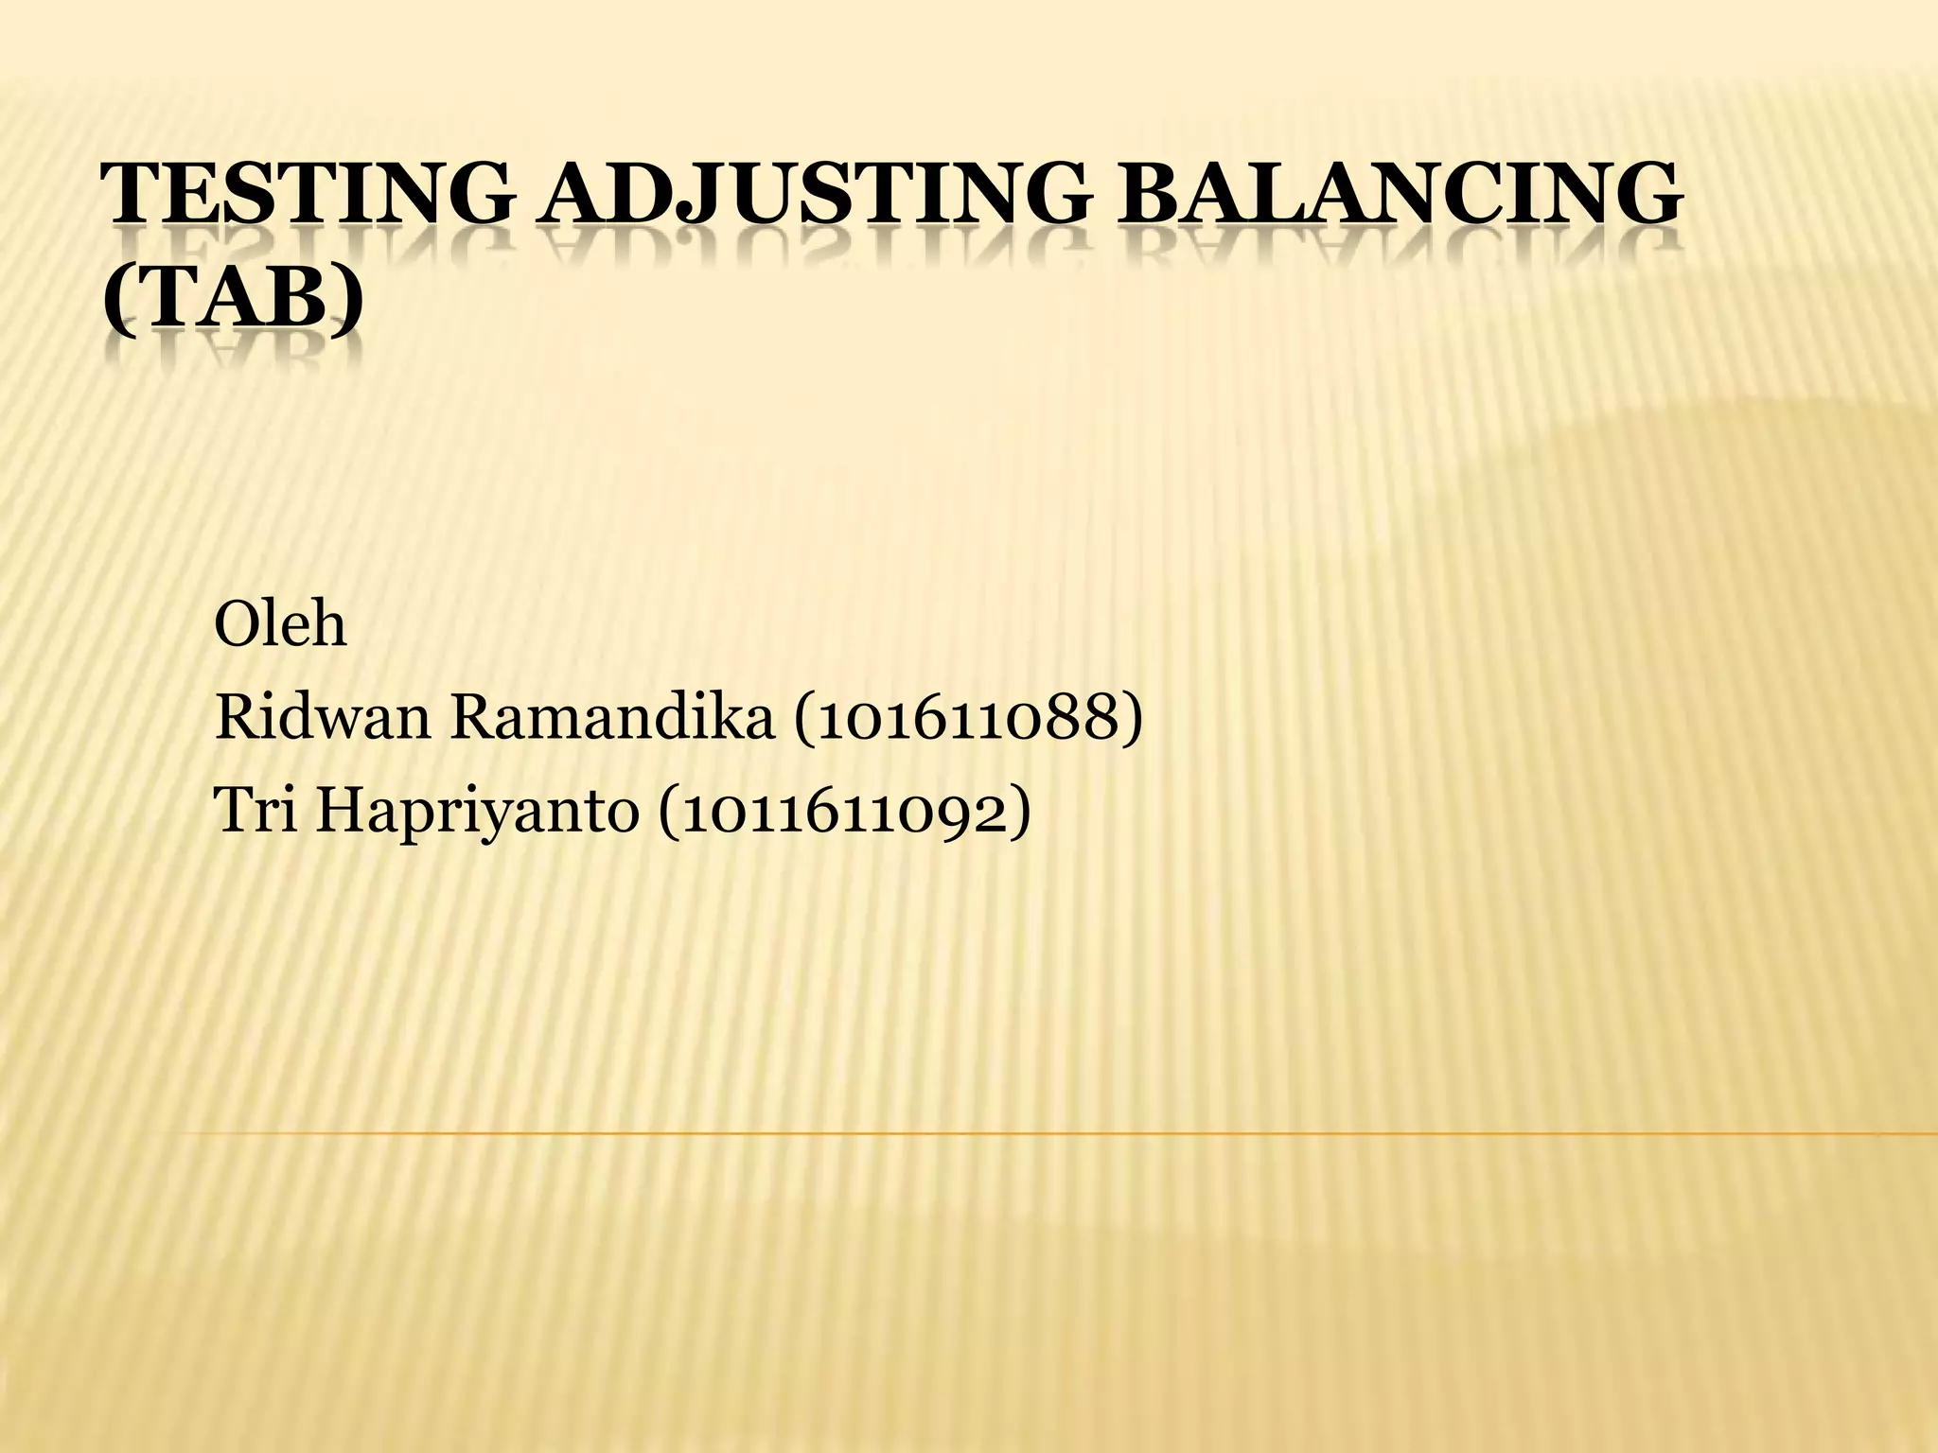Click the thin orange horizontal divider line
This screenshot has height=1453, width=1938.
1041,1132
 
